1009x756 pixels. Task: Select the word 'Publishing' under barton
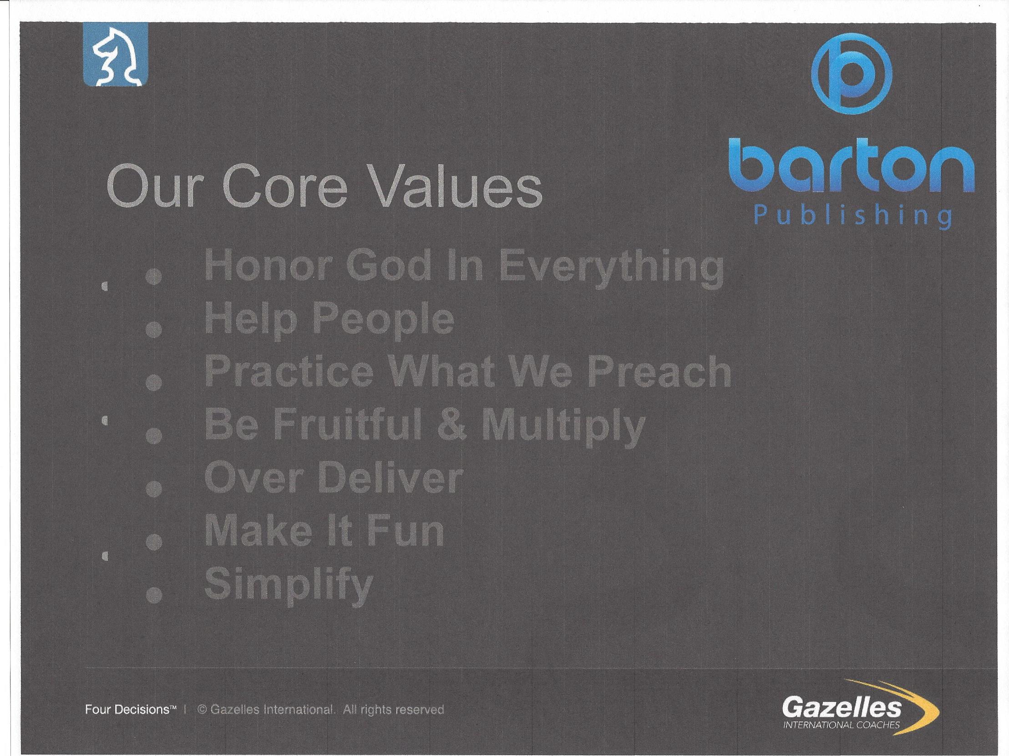click(853, 217)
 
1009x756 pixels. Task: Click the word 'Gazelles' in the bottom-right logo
click(842, 708)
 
